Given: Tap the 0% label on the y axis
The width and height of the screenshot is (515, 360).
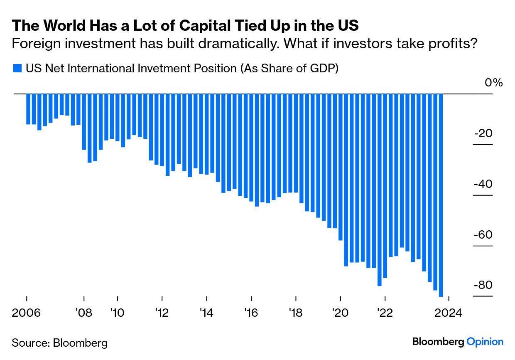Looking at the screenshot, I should [493, 83].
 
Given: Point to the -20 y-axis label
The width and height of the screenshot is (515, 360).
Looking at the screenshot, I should [483, 133].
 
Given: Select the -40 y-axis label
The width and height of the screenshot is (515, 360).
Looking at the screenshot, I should [483, 184].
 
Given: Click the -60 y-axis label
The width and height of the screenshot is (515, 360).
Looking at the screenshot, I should [483, 235].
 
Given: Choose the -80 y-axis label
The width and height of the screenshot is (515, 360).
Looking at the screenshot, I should [483, 285].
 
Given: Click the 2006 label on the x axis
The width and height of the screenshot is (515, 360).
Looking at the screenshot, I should [27, 313].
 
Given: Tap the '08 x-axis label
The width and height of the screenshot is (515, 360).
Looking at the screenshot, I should [84, 313].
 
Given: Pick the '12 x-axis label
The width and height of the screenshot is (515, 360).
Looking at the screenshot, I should [162, 313].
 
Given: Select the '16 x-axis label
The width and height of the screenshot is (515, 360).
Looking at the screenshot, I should [251, 313].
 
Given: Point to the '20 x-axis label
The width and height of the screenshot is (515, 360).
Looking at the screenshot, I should [340, 313].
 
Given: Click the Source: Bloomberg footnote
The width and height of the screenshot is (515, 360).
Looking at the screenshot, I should [59, 343].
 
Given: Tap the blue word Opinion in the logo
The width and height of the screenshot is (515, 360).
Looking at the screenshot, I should [485, 342].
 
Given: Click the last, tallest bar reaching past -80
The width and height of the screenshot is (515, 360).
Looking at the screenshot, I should [441, 195].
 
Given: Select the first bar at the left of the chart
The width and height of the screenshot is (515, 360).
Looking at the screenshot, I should [28, 109].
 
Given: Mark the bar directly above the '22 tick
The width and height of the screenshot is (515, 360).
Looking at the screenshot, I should [385, 186].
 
